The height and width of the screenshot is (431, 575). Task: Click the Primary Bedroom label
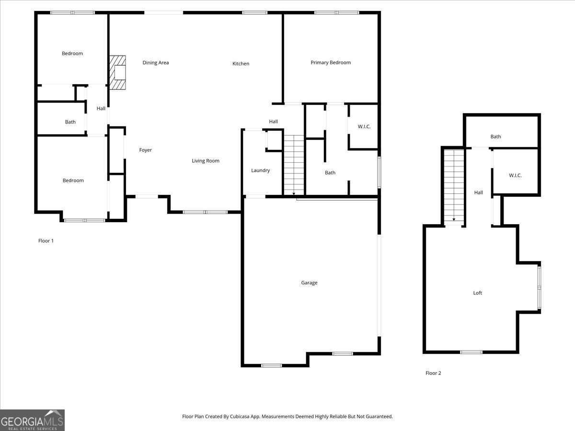pos(331,63)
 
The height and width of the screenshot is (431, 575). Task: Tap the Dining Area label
pos(156,63)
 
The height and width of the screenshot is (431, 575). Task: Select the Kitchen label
pos(241,64)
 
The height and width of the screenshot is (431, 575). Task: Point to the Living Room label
pos(206,161)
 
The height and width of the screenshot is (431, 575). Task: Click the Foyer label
pos(145,150)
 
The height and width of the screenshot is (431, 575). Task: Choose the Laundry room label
pos(260,170)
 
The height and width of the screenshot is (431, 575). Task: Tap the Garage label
pos(309,283)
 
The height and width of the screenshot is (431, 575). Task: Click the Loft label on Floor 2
pos(478,293)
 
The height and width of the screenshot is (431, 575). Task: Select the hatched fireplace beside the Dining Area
pos(117,72)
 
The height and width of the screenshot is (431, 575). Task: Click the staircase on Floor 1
pos(294,165)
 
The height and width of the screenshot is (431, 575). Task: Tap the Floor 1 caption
pos(46,241)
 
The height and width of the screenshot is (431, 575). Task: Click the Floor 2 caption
pos(433,373)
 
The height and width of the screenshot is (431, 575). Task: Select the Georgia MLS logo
pos(32,420)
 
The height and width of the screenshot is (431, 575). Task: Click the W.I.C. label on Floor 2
pos(515,175)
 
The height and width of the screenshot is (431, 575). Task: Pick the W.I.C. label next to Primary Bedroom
pos(364,126)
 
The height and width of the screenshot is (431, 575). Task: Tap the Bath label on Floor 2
pos(495,136)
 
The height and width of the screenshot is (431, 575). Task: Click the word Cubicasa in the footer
pos(240,416)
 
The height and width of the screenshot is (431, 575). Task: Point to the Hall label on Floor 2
pos(479,193)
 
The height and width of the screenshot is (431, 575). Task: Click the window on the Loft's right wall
pos(539,288)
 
